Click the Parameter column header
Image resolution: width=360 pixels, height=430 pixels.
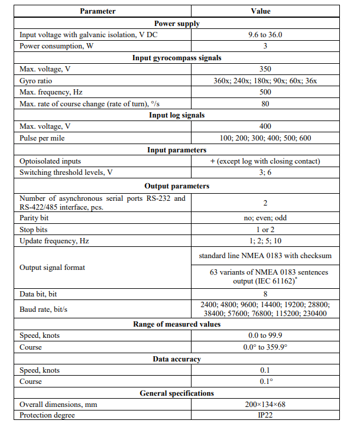coord(98,11)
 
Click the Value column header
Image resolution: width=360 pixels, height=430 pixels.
coord(265,11)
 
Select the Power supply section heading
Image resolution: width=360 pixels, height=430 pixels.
coord(177,24)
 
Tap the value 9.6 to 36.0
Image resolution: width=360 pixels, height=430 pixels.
coord(265,35)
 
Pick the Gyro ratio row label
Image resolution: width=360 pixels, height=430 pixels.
coord(37,80)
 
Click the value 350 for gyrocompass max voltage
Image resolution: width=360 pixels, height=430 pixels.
coord(265,69)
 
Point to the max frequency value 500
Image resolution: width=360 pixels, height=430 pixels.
coord(265,92)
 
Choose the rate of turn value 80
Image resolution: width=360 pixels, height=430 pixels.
coord(265,103)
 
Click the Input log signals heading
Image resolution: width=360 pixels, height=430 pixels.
coord(177,115)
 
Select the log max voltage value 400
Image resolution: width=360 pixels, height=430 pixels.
coord(265,126)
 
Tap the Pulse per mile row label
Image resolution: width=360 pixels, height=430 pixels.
coord(44,138)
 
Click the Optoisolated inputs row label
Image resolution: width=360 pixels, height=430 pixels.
coord(50,161)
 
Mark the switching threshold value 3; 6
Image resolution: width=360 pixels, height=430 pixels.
coord(265,172)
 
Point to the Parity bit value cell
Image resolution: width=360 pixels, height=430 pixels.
coord(265,218)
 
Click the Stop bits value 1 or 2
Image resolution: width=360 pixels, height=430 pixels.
coord(265,229)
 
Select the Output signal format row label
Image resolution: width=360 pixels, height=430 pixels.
coord(52,267)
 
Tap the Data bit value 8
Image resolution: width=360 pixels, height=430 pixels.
coord(265,294)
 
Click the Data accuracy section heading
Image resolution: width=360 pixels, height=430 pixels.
coord(177,359)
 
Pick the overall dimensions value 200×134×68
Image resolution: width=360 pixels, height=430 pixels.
coord(265,405)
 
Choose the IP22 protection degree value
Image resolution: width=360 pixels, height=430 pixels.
coord(265,416)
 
